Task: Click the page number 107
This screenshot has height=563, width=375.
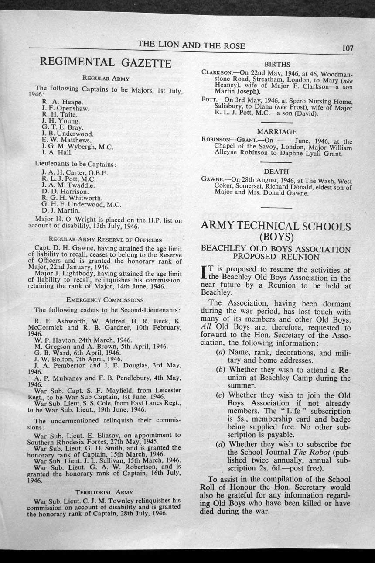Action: [347, 48]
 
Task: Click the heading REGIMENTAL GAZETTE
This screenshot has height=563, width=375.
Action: [105, 63]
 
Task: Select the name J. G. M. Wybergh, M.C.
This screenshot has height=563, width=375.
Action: [77, 147]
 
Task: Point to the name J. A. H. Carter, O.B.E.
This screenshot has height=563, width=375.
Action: [74, 172]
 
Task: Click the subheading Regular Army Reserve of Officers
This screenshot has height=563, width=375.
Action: [106, 240]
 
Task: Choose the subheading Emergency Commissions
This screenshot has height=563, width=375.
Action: [105, 300]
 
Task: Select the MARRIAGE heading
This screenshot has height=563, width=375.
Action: [277, 131]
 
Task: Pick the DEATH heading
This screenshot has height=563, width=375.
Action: [276, 172]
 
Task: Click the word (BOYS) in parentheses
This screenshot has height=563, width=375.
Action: [276, 238]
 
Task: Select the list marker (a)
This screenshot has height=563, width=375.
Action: [221, 353]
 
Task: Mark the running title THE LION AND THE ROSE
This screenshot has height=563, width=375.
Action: [191, 45]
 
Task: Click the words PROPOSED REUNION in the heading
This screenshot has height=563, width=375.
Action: [276, 257]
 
